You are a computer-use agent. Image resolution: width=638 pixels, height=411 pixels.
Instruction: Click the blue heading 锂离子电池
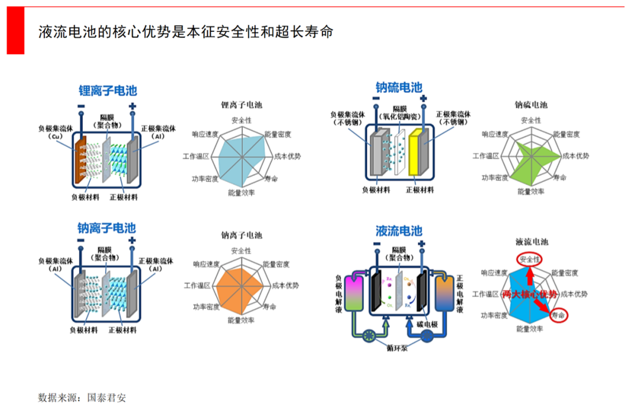coord(108,91)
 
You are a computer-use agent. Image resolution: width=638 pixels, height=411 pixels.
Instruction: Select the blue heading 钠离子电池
coord(106,228)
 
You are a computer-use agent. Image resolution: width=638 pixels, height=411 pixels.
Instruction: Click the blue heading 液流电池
coord(399,230)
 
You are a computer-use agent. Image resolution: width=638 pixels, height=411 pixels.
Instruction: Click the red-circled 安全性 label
coord(529,259)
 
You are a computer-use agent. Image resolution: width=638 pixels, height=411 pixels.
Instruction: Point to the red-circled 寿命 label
coord(558,316)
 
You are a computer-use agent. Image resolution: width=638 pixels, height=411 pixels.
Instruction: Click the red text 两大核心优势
coord(529,294)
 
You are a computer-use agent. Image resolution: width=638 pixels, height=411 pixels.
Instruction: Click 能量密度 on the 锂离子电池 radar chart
coord(278,135)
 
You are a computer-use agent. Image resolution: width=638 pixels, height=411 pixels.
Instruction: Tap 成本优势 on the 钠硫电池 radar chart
coord(573,156)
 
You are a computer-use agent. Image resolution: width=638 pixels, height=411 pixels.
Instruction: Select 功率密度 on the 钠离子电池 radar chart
coord(206,306)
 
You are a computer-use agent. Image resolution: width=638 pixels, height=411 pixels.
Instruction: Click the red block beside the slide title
coord(15,31)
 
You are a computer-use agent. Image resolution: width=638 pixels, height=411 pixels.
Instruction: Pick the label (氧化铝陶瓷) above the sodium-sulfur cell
coord(400,116)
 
